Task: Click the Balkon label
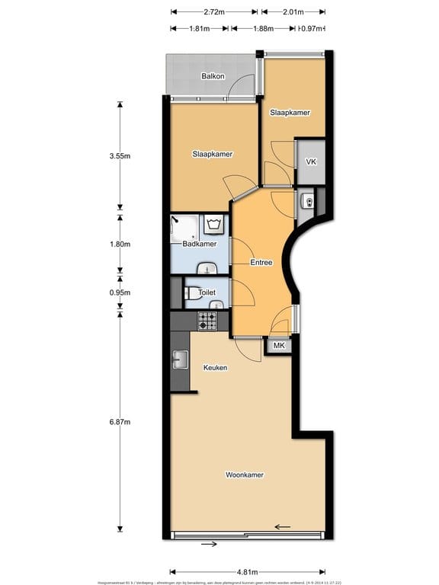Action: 212,76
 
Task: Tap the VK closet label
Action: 311,162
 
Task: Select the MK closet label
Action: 279,346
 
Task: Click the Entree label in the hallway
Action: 261,262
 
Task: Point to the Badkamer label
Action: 200,244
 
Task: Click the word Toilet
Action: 207,292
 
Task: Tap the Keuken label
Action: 215,367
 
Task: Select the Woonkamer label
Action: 245,475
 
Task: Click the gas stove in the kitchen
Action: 208,321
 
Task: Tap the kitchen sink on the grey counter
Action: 181,359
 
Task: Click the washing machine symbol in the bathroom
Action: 214,224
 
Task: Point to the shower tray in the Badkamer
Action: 185,226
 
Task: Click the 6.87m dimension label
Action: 120,422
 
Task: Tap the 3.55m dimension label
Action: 120,156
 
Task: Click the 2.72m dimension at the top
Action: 214,12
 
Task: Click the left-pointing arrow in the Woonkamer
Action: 283,526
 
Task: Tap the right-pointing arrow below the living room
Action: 209,544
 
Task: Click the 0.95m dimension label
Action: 120,292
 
